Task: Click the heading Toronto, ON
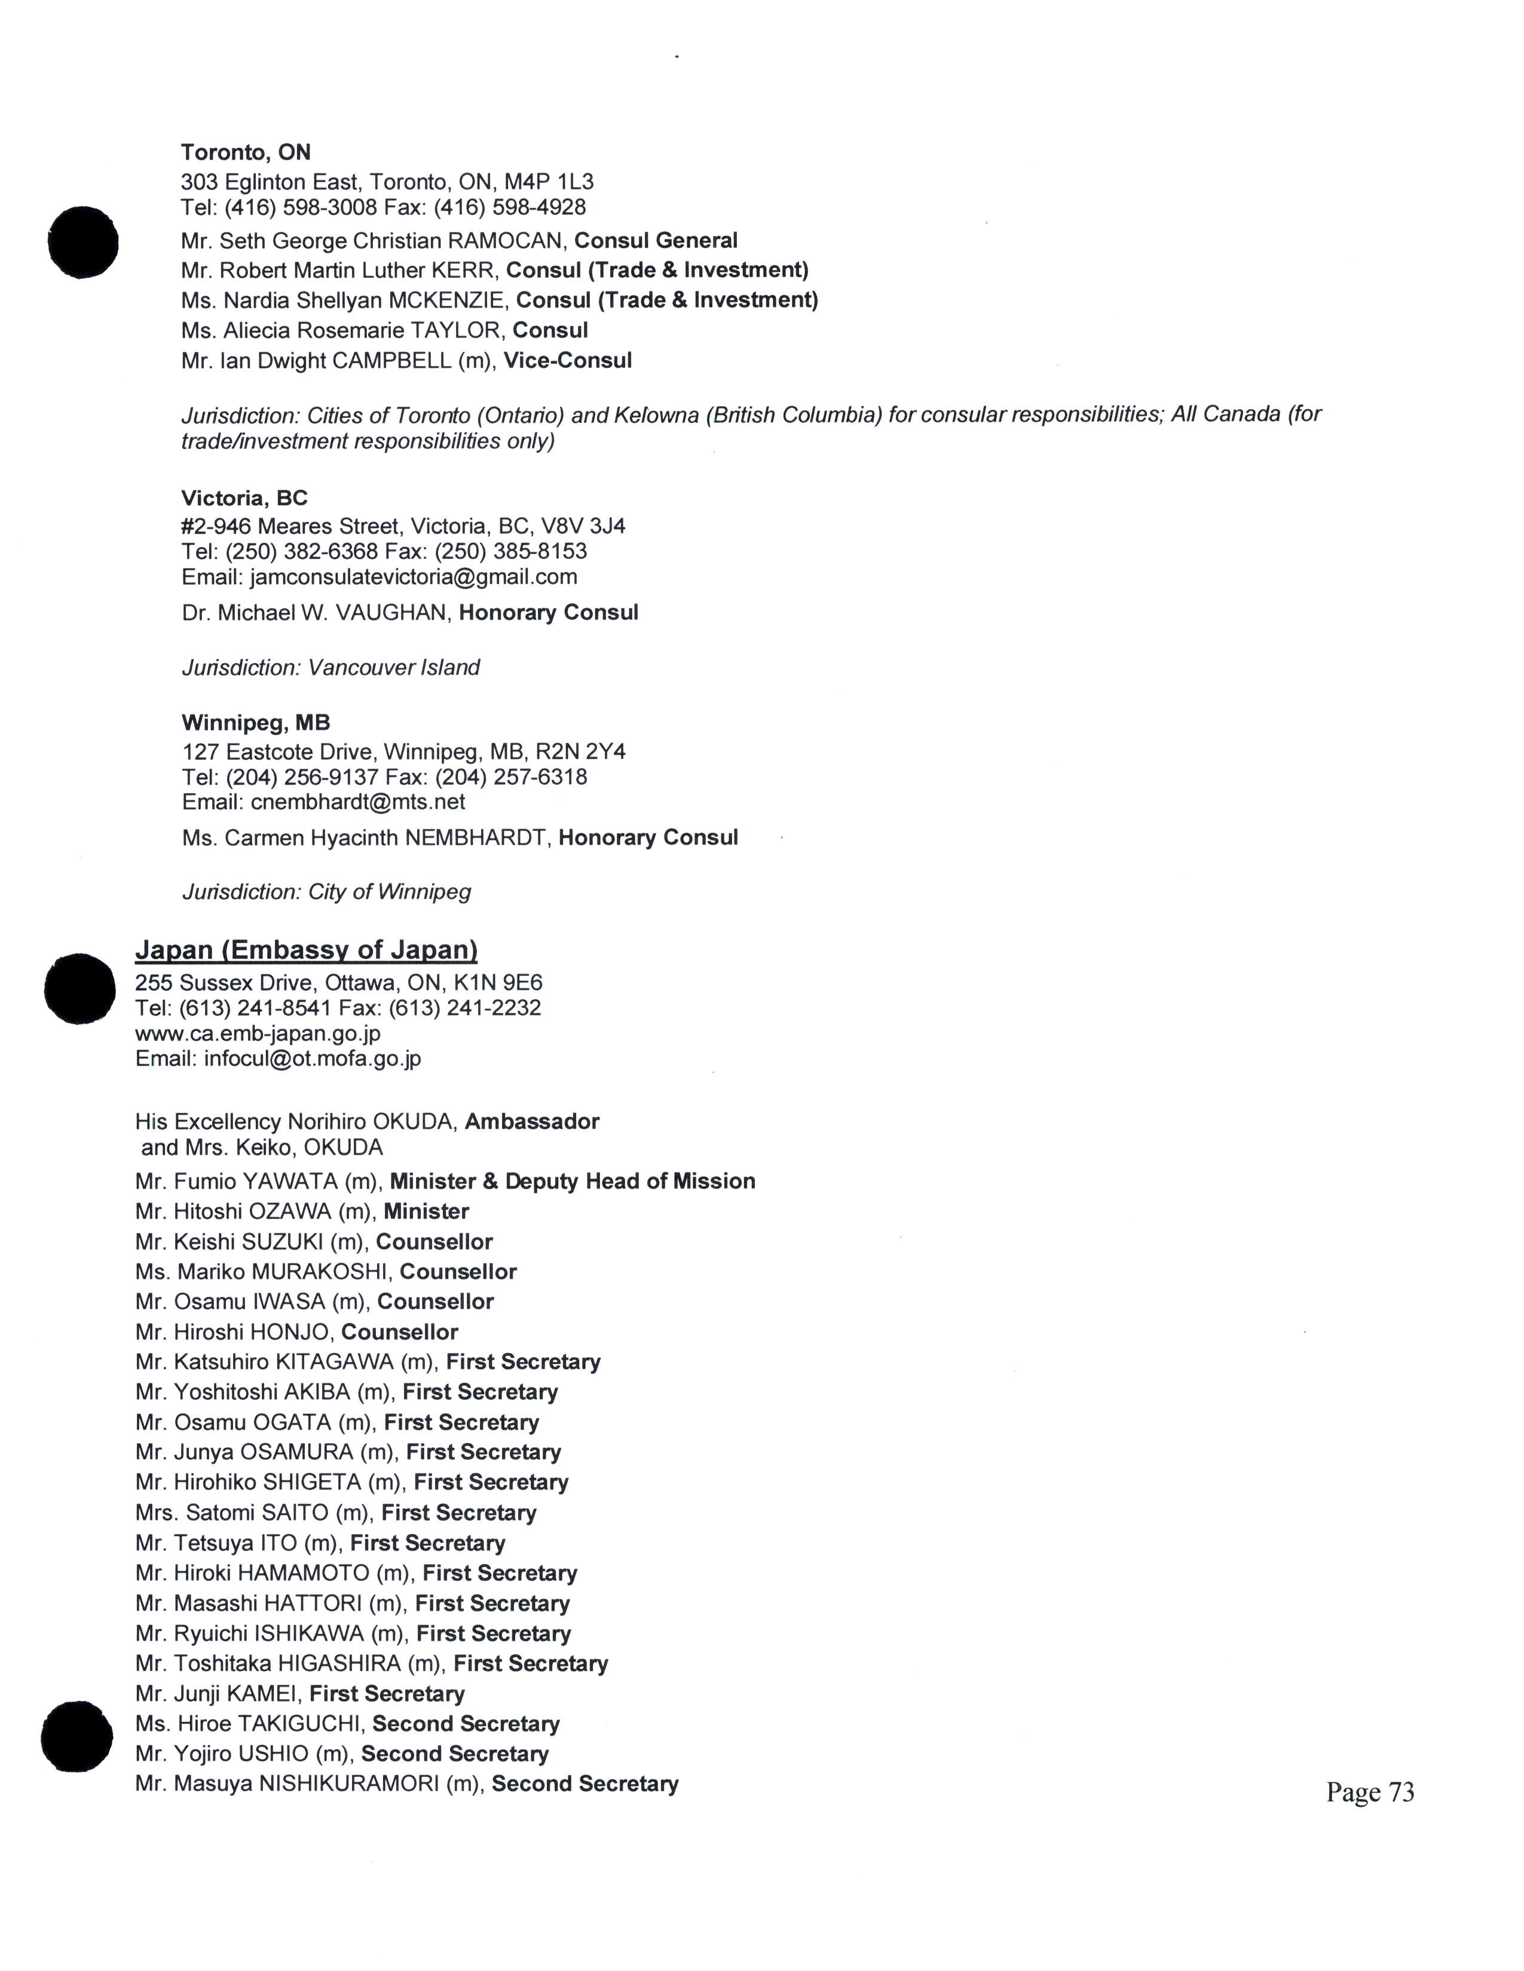point(246,152)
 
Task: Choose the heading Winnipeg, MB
point(256,723)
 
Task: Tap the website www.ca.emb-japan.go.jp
point(258,1033)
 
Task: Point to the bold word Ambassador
point(532,1122)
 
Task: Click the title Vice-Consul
point(567,361)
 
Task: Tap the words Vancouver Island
point(394,668)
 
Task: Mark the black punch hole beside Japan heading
point(79,989)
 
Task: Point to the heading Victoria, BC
point(244,498)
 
